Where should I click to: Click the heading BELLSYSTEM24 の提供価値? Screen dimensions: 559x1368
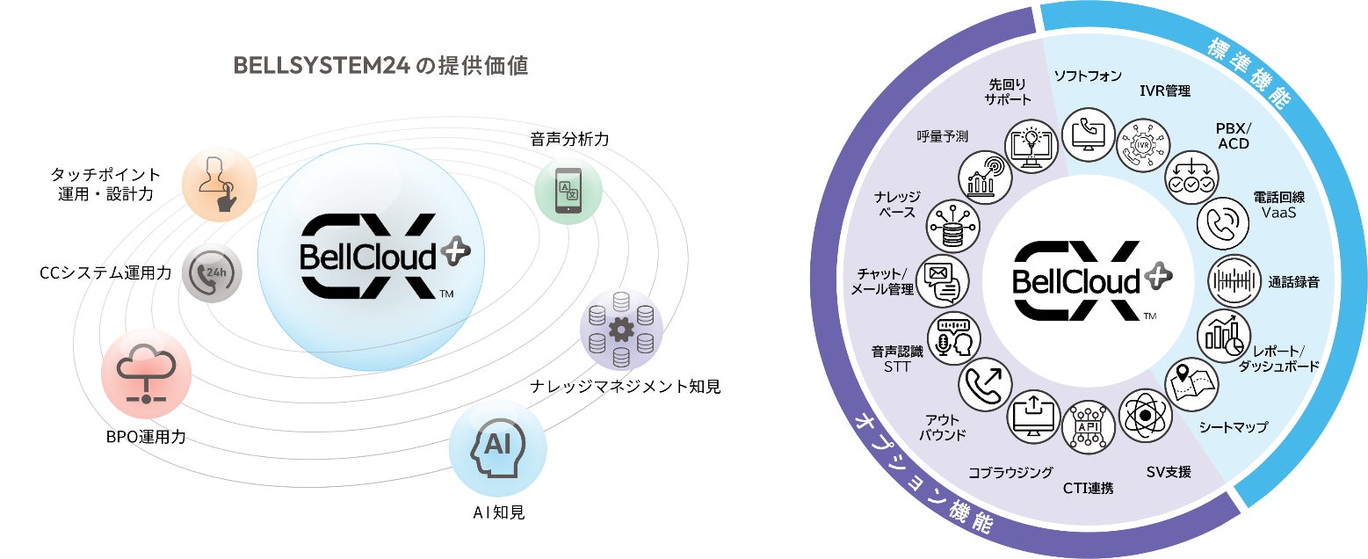click(380, 67)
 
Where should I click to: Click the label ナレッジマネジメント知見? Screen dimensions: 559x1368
click(625, 386)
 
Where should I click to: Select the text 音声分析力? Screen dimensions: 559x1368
click(569, 139)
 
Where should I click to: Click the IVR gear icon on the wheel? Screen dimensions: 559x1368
click(1142, 145)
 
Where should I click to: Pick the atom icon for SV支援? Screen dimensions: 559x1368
click(1145, 414)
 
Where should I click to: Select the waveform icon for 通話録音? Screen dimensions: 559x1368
click(1234, 282)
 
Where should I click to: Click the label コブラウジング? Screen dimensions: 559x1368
click(1010, 473)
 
